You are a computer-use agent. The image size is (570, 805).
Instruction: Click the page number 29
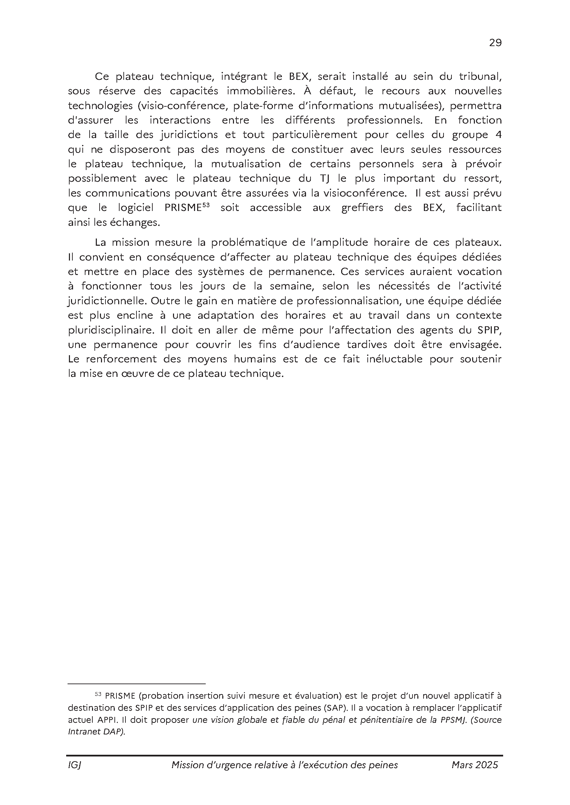(495, 43)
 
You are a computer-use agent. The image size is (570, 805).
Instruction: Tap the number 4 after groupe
(498, 135)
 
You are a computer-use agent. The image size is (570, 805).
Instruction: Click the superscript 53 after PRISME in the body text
(206, 205)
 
